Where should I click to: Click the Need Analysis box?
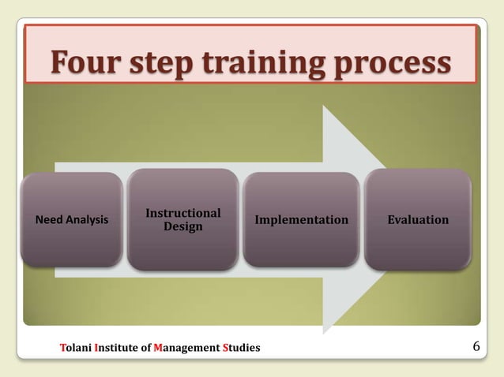(72, 219)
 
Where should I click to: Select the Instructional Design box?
(183, 220)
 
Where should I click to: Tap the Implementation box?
(301, 219)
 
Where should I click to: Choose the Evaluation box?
(418, 219)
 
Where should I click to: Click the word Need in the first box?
(50, 220)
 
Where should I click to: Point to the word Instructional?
(183, 213)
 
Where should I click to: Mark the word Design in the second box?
(183, 227)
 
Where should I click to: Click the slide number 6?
(476, 346)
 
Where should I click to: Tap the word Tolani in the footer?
(76, 347)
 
